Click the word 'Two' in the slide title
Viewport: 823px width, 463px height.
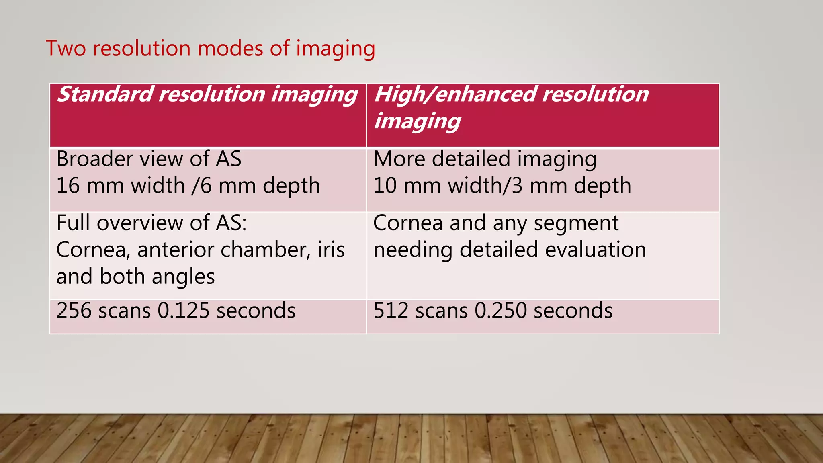point(66,48)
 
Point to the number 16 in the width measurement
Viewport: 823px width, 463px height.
point(68,186)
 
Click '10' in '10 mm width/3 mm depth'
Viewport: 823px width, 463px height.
point(385,186)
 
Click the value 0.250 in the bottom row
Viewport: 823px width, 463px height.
point(501,311)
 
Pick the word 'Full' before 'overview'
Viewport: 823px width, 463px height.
point(73,223)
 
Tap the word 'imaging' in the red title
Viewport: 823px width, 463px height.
point(336,49)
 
